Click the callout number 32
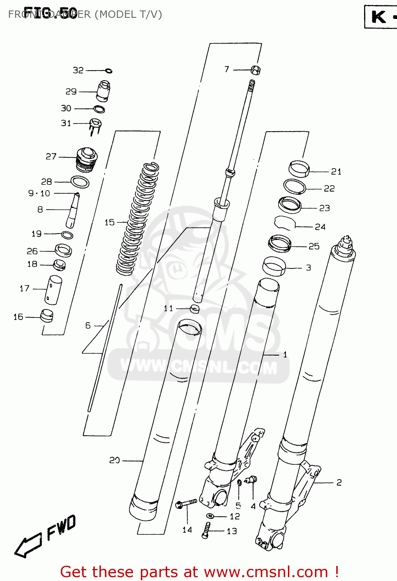(78, 70)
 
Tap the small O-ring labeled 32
(109, 70)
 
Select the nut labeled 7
(255, 70)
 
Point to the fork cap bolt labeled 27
(87, 159)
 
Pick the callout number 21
(336, 172)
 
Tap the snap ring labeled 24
(285, 223)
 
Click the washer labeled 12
(210, 516)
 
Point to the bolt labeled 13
(206, 530)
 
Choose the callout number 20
(115, 460)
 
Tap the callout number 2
(339, 482)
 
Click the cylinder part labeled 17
(53, 289)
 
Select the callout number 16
(18, 317)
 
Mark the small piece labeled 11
(195, 309)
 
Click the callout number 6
(88, 325)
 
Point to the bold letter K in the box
(378, 17)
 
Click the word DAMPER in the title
(69, 14)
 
